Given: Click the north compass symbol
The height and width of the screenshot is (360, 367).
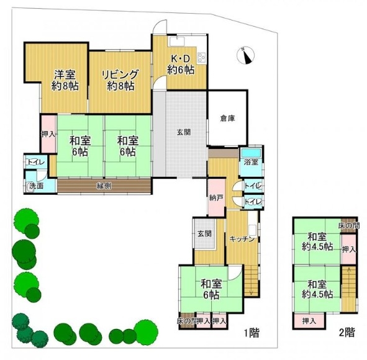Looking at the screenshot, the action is click(x=245, y=55).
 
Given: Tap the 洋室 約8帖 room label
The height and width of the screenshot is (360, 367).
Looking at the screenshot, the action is click(x=65, y=80).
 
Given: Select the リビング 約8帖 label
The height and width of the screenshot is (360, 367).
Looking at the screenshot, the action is click(x=120, y=80).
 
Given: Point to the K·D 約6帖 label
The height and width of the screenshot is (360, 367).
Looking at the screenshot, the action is click(x=181, y=65).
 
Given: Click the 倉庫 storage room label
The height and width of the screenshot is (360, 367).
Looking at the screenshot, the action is click(x=227, y=119).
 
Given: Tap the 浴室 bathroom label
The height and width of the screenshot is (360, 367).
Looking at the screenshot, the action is click(x=251, y=162).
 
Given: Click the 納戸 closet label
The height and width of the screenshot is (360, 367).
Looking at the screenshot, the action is click(x=216, y=199).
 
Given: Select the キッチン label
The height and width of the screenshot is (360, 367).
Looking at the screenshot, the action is click(x=242, y=239).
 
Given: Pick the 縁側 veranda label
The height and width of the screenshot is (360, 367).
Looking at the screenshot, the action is click(x=104, y=186).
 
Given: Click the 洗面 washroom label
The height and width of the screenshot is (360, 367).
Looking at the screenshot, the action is click(x=36, y=186).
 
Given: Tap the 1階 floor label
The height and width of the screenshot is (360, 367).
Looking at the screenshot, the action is click(x=251, y=333).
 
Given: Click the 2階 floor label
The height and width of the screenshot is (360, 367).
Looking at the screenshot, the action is click(x=347, y=332).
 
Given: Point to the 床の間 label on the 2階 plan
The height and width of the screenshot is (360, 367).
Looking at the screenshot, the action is click(x=349, y=226).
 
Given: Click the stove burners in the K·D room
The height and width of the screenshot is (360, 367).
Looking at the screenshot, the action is click(x=202, y=56).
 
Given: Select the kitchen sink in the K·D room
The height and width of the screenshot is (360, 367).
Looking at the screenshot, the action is click(x=176, y=42).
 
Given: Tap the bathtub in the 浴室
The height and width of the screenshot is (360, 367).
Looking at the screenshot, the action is click(x=251, y=153).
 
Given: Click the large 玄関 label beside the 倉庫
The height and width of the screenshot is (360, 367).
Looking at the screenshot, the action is click(x=184, y=132).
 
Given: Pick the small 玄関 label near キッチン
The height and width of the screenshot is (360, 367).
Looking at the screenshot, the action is click(x=204, y=233).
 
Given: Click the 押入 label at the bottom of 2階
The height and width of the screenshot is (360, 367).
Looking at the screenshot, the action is click(x=309, y=321).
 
